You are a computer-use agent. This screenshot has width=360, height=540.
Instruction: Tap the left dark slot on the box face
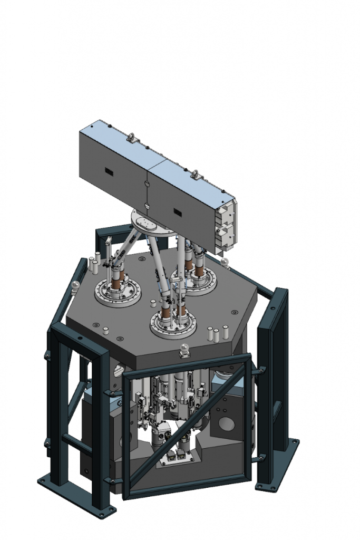click(x=109, y=172)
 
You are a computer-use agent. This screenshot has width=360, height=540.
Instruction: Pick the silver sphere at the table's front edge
click(x=185, y=348)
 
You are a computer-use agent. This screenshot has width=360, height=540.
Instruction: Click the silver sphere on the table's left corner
click(x=75, y=285)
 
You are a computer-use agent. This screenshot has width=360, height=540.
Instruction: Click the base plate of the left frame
click(x=78, y=496)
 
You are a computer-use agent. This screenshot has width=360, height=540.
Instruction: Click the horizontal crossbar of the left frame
click(x=77, y=442)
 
